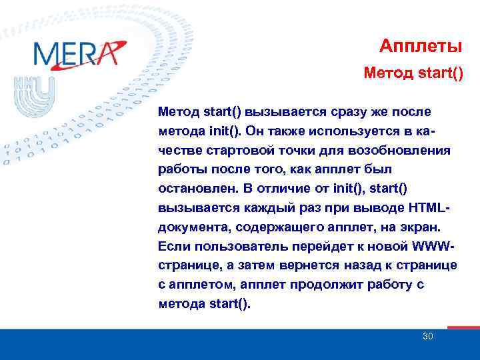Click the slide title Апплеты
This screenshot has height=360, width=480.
pos(421,46)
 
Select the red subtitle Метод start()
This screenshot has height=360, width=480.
pos(413,71)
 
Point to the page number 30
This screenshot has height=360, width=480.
pos(427,337)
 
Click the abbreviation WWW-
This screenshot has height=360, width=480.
pos(433,246)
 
